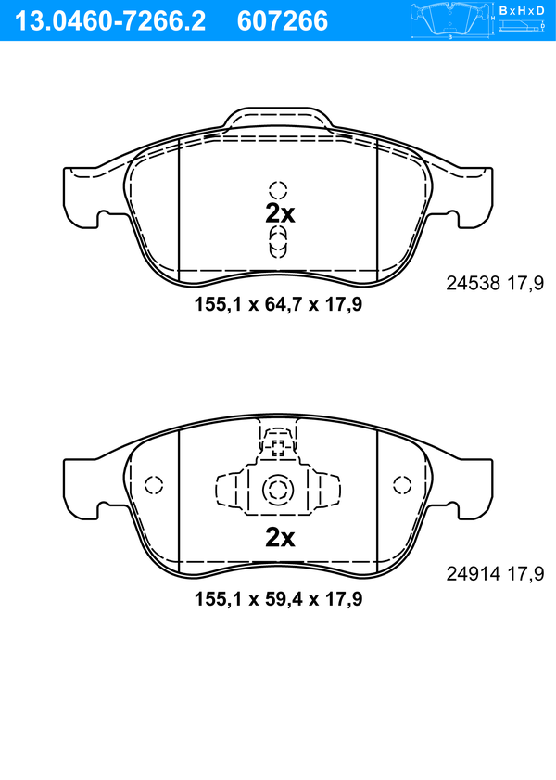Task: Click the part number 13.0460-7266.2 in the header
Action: pyautogui.click(x=109, y=21)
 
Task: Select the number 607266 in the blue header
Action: pyautogui.click(x=283, y=21)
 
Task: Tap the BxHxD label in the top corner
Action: pyautogui.click(x=522, y=10)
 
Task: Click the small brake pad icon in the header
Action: pyautogui.click(x=449, y=21)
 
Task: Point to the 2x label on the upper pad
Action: pyautogui.click(x=280, y=213)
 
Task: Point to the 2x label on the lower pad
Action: pyautogui.click(x=280, y=537)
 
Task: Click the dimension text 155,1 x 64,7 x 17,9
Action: pyautogui.click(x=278, y=304)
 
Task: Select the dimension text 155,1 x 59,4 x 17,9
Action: pyautogui.click(x=278, y=598)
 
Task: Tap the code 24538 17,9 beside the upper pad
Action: pyautogui.click(x=495, y=283)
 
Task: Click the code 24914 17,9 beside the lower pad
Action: pyautogui.click(x=495, y=573)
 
